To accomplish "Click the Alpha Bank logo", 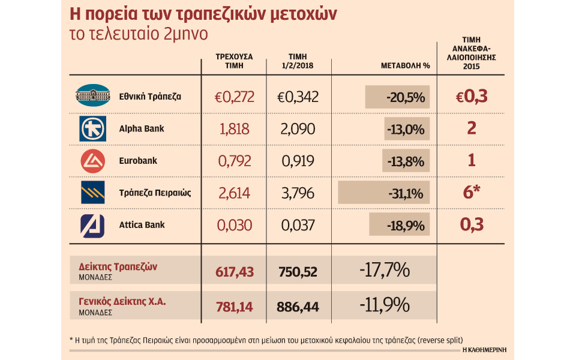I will click(92, 128).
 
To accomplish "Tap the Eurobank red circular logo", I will click(92, 161).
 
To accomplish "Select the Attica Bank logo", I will click(92, 225).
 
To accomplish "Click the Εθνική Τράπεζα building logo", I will click(92, 95).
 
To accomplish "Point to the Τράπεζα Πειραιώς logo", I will click(92, 193).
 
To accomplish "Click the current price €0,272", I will click(235, 96).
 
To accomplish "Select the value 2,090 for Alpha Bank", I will click(298, 129).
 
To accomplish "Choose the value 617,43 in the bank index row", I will click(235, 271).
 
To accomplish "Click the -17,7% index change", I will click(385, 271).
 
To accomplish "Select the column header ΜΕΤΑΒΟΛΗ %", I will click(406, 65).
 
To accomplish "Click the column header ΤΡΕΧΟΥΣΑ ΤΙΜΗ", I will click(234, 61).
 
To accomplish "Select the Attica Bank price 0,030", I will click(235, 226).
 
